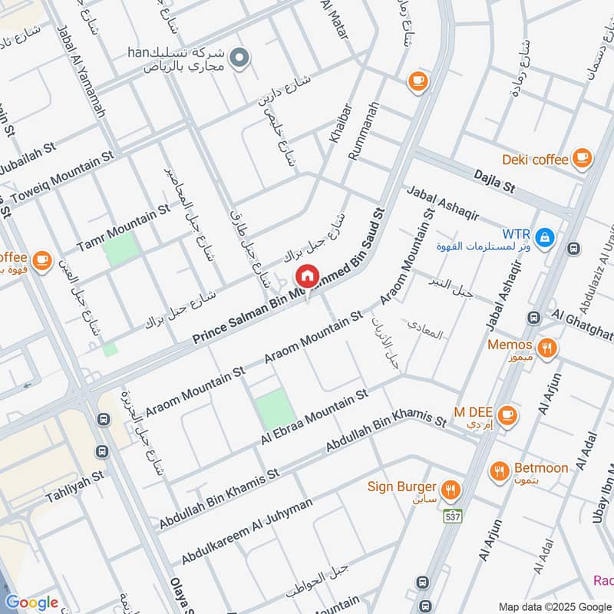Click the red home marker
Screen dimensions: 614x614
(307, 276)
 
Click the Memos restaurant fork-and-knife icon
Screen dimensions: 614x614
(546, 346)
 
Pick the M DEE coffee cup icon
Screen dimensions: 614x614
(507, 415)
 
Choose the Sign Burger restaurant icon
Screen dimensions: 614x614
(451, 488)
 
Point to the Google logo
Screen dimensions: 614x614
(31, 602)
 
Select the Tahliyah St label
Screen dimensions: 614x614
(74, 487)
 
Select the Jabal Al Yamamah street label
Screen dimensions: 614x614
(81, 69)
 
